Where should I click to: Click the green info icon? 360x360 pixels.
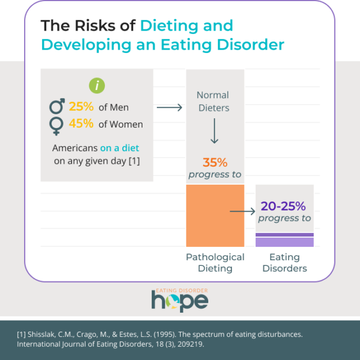[x=97, y=86]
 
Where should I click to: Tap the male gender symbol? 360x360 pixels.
[x=58, y=106]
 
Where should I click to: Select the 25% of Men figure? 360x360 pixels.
[x=81, y=107]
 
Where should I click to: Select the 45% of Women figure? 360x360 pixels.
[x=81, y=124]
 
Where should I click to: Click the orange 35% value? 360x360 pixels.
[x=214, y=162]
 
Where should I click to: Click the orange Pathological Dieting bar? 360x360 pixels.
[x=215, y=215]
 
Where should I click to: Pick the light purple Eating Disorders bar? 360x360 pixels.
[x=284, y=242]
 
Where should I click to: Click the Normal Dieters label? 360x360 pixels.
[x=213, y=101]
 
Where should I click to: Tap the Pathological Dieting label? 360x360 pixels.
[x=215, y=262]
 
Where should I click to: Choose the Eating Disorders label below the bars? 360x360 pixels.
[x=284, y=262]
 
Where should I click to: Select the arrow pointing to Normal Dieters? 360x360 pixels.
[x=170, y=107]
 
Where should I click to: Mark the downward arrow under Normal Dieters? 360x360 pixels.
[x=214, y=132]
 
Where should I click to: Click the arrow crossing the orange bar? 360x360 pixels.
[x=242, y=212]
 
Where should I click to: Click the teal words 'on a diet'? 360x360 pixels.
[x=119, y=147]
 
